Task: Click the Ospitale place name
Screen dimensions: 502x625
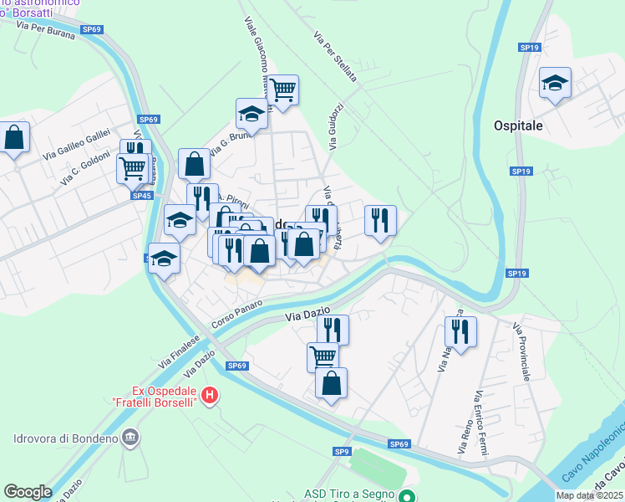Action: [518, 125]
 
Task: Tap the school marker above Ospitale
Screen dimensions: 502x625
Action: [555, 84]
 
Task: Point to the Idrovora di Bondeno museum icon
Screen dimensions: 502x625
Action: [130, 436]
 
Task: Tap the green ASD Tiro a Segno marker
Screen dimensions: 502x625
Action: [407, 496]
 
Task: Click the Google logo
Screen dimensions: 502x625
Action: [28, 492]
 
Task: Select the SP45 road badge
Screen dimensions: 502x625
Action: [141, 196]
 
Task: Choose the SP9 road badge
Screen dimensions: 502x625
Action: [342, 452]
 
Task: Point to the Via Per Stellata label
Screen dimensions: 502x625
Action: [335, 57]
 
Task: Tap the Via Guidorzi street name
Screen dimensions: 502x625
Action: [336, 125]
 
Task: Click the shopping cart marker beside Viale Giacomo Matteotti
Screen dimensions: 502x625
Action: [283, 90]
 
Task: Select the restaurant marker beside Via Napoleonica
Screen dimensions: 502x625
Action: [460, 331]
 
